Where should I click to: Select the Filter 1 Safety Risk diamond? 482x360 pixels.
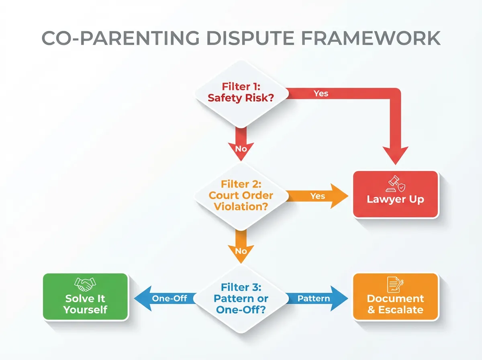tap(241, 93)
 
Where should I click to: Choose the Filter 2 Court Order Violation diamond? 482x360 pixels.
tap(241, 196)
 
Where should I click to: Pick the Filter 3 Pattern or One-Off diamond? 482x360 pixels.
tap(241, 299)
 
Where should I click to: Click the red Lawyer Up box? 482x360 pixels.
tap(395, 194)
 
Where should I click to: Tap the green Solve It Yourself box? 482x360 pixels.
tap(86, 297)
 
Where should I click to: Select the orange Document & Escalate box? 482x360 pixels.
tap(395, 297)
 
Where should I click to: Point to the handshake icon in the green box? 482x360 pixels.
tap(86, 285)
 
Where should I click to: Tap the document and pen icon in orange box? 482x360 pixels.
tap(395, 284)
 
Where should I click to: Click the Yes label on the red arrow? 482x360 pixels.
tap(321, 93)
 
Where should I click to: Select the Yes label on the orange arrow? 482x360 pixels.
tap(318, 196)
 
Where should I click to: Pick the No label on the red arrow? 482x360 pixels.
tap(241, 148)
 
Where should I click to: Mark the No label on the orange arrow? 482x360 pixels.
tap(241, 251)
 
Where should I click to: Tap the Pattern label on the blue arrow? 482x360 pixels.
tap(314, 299)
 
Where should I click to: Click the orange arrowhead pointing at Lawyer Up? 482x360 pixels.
tap(339, 196)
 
